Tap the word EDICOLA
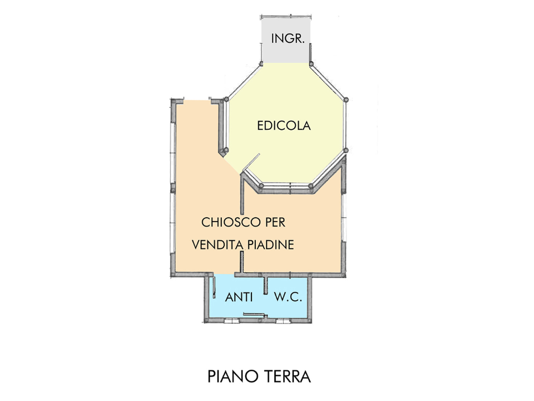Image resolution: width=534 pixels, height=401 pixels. coord(284,126)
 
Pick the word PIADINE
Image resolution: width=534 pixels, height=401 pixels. coord(270,244)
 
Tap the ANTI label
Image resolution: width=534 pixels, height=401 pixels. coord(239,298)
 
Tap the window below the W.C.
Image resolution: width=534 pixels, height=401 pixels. coord(284,320)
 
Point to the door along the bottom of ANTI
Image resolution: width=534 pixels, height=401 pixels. coord(254,314)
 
